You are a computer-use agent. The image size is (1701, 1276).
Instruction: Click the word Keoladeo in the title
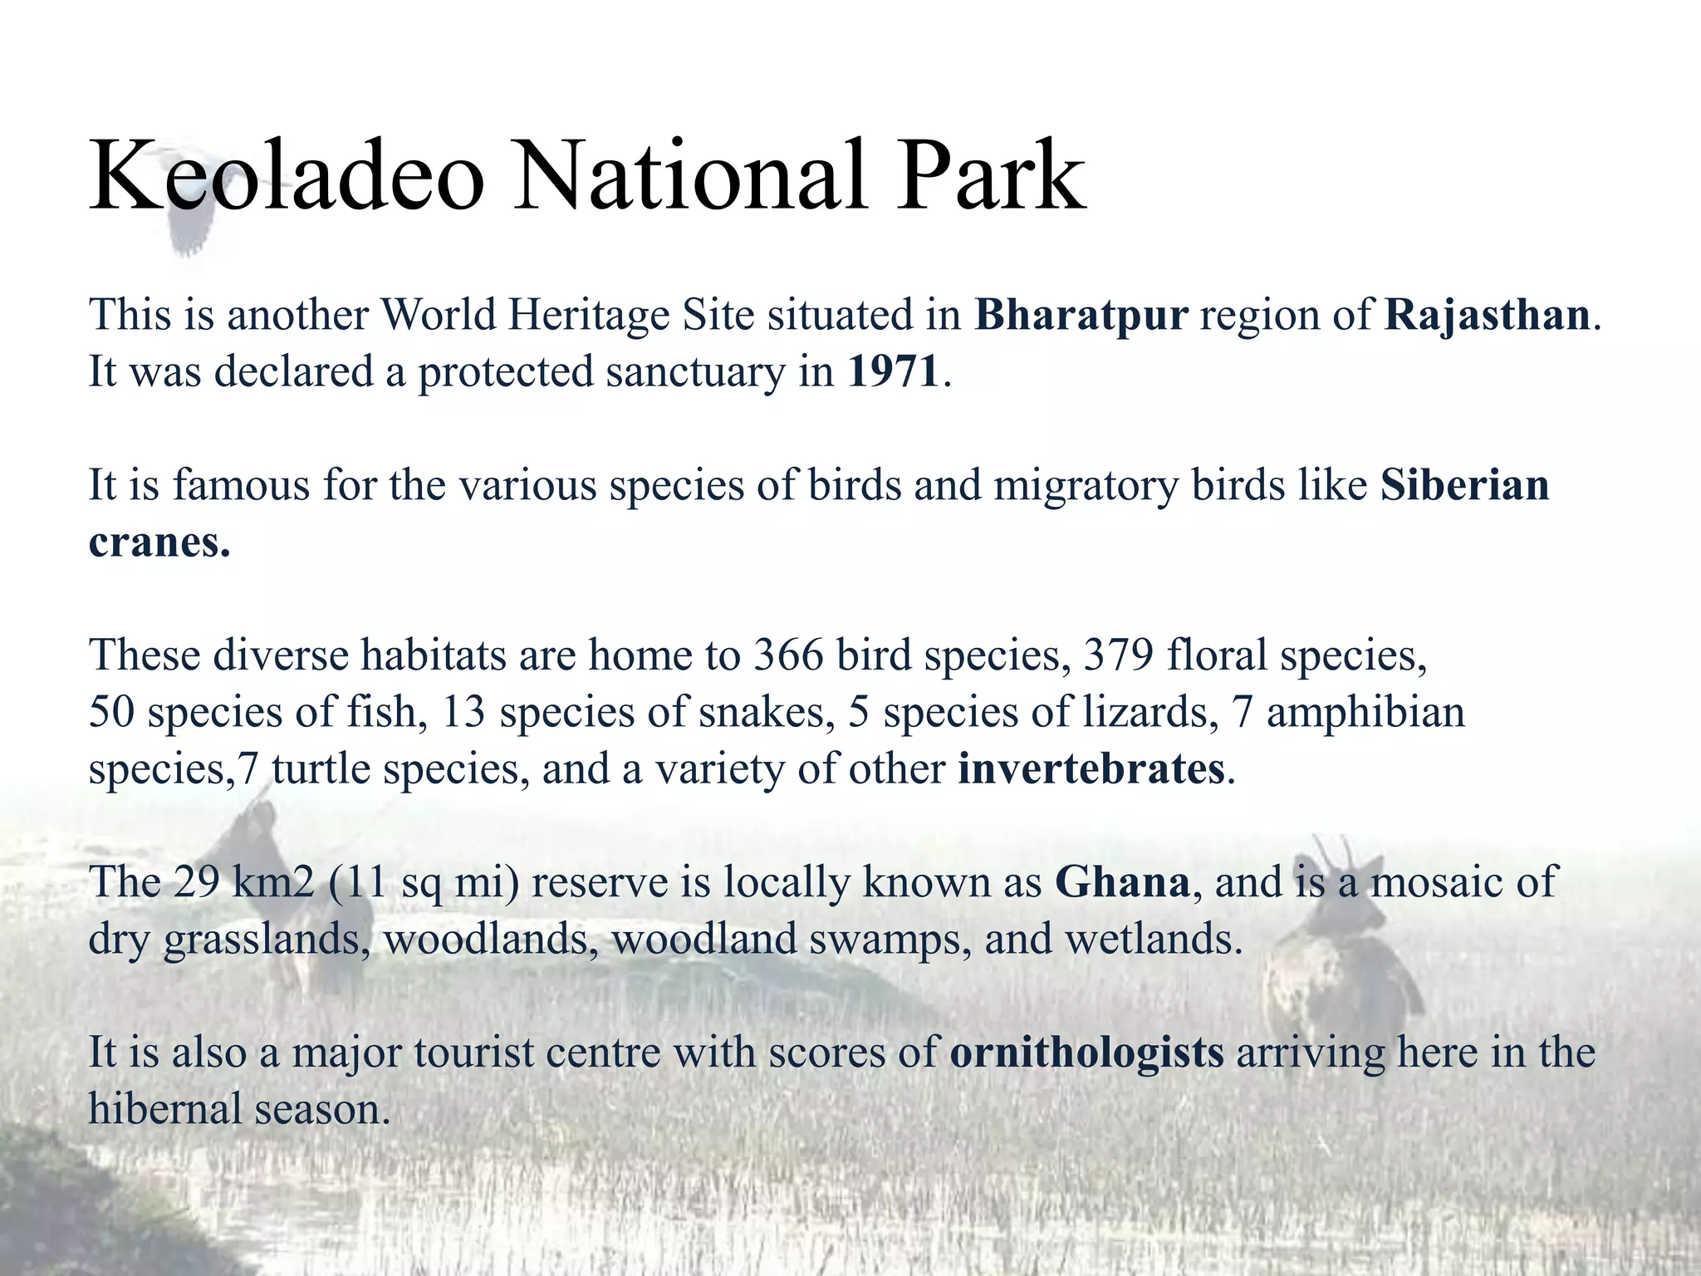(287, 177)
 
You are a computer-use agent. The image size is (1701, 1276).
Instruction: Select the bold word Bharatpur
(1081, 316)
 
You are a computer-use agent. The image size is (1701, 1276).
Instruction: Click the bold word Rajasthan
(1487, 316)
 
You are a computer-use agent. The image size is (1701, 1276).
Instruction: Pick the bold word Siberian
(1465, 485)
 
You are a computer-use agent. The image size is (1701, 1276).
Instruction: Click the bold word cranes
(158, 543)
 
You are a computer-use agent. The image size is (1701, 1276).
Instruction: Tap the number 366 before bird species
(788, 655)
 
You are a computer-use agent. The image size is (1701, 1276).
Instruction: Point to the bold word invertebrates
(1091, 768)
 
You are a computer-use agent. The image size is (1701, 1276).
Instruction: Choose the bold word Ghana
(1122, 882)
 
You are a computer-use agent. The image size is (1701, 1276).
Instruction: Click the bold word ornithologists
(1086, 1053)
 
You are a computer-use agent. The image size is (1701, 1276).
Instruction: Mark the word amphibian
(1365, 712)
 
